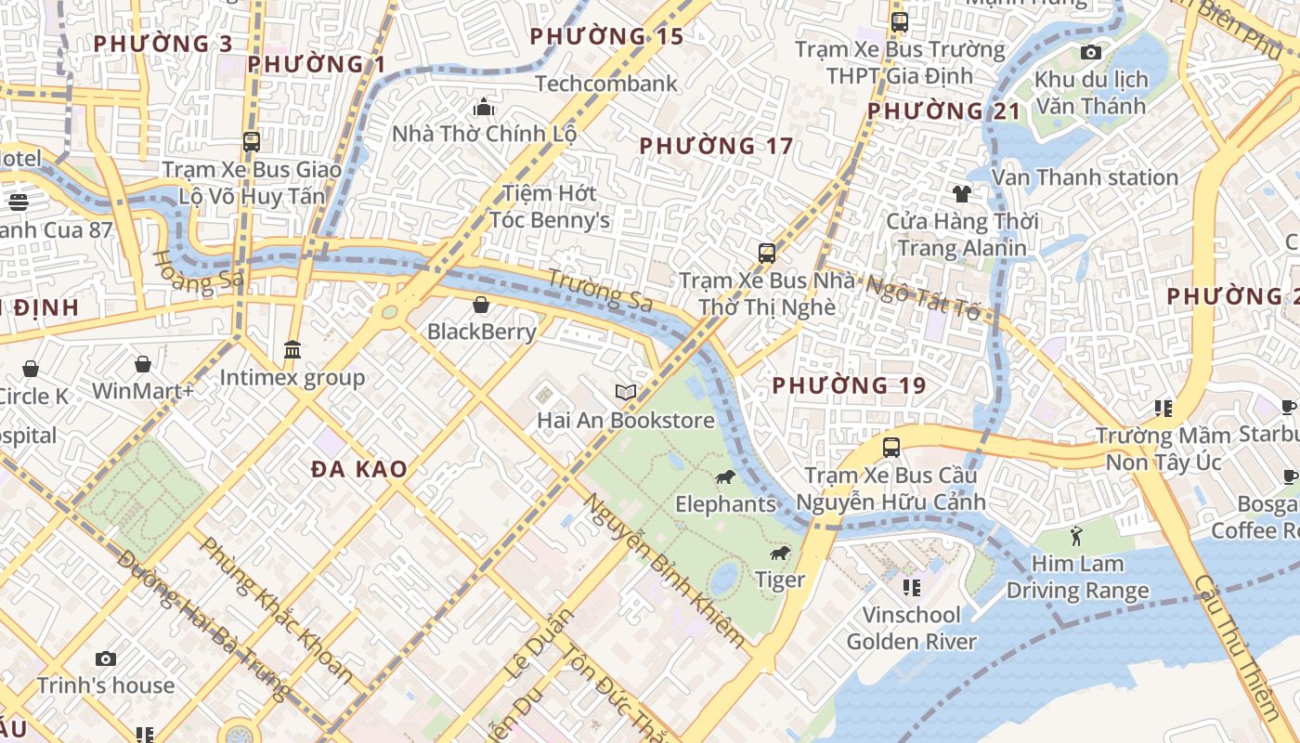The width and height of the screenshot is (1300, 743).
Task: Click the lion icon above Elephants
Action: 724,477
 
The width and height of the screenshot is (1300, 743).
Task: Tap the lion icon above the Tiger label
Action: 779,554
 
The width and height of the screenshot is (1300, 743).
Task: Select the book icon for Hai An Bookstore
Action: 626,393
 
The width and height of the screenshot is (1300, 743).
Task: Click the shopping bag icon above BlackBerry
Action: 481,305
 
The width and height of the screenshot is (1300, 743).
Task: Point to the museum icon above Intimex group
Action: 292,350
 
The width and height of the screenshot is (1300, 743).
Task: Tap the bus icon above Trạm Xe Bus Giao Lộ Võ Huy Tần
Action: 252,142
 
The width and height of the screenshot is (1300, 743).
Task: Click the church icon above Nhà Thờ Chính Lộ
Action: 484,107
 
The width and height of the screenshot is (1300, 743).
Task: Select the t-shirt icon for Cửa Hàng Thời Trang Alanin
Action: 961,194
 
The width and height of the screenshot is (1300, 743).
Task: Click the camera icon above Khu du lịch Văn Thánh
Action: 1091,52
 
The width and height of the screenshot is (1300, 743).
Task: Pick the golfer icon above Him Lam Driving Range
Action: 1077,536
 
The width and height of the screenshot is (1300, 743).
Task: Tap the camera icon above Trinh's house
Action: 106,658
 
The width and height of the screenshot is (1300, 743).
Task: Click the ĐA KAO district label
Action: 359,469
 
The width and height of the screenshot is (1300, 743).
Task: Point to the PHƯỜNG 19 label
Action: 849,385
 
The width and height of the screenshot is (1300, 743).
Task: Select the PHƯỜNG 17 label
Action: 716,146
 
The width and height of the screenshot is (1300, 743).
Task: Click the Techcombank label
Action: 606,84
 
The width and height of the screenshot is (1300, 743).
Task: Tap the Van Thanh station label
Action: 1085,176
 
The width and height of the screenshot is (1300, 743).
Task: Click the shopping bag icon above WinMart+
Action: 143,364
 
